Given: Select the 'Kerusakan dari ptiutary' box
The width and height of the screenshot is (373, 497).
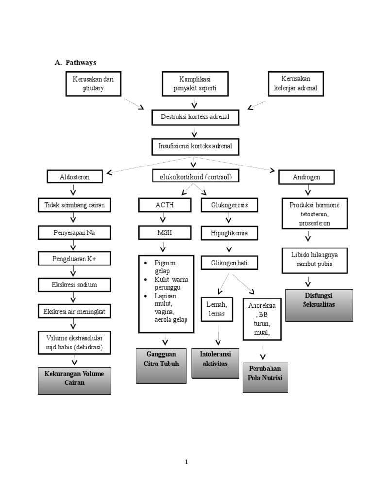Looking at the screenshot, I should (93, 83).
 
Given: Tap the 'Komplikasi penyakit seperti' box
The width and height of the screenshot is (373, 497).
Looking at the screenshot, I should (195, 83).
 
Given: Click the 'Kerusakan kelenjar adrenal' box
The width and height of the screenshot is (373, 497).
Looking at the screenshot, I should (295, 83).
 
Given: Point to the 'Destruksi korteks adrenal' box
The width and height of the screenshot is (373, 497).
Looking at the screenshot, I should (195, 117).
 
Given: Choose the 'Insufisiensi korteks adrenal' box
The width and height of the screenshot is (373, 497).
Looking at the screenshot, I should (195, 146).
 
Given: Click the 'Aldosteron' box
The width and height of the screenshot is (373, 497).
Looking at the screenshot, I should (75, 177).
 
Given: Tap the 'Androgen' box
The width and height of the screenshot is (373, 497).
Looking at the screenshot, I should (306, 178).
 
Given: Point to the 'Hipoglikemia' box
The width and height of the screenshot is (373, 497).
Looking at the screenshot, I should (229, 233).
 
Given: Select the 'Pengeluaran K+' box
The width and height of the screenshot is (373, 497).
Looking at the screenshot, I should (75, 259).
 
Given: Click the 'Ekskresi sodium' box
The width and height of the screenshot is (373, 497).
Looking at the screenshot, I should (75, 285).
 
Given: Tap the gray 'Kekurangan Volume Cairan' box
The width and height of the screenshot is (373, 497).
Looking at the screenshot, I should (74, 381).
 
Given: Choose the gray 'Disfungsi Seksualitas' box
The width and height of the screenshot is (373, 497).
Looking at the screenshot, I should (319, 305).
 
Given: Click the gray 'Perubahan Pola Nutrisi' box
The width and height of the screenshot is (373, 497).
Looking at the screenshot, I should (265, 377).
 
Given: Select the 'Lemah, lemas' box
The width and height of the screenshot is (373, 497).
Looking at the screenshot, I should (217, 310).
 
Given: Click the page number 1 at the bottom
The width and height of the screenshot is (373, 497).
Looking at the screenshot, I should (186, 462).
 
